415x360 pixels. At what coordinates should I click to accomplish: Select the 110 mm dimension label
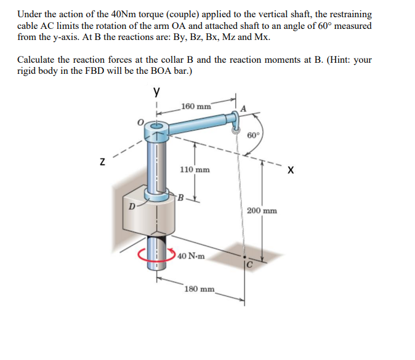195,169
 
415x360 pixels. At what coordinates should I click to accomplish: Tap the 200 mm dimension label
262,210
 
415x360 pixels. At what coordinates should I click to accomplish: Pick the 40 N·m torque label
192,255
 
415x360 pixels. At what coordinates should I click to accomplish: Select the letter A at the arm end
243,108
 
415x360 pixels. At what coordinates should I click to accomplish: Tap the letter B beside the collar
180,198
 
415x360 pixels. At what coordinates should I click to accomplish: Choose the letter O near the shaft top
140,122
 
